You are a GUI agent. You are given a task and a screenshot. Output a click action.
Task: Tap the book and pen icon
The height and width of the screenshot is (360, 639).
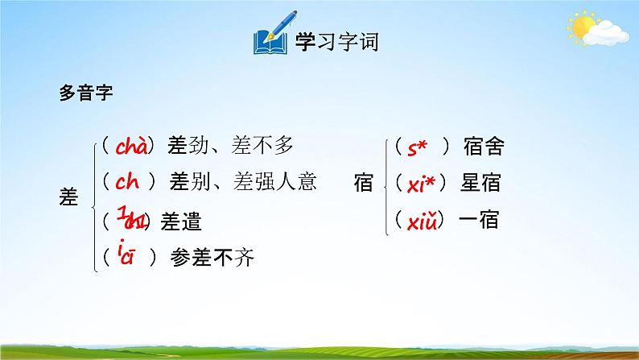[272, 38]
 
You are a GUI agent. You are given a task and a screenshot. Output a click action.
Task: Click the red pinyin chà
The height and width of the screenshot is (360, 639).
[130, 147]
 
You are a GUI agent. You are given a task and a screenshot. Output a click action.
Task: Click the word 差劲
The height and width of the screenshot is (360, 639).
[186, 146]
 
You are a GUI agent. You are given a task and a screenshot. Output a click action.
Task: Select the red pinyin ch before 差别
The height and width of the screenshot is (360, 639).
[129, 182]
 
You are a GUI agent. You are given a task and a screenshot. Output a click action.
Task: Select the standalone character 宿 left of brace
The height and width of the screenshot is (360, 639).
[364, 183]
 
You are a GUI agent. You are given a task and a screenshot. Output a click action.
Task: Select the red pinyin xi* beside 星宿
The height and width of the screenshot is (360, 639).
[420, 184]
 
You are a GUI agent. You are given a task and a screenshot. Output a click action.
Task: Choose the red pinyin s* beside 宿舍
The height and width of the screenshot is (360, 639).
[415, 147]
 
